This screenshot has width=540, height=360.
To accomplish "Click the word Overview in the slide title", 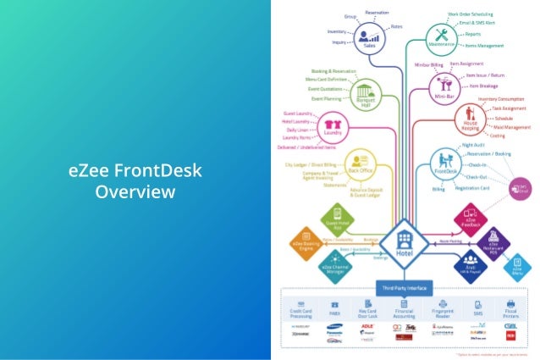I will pos(135,191).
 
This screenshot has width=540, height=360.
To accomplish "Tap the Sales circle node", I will pos(368,37).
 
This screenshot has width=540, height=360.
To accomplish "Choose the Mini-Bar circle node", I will pos(444,86).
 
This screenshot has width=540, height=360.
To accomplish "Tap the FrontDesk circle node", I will pos(445,162).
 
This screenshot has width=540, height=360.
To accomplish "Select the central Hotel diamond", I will pos(403,243).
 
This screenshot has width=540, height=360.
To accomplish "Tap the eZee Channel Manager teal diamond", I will pos(332,268).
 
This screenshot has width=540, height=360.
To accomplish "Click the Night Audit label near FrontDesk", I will pos(475,145).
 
